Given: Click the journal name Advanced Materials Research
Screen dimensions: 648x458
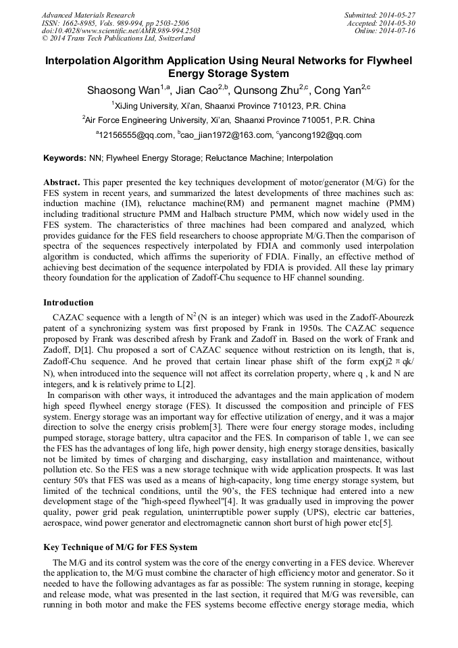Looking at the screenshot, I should pyautogui.click(x=88, y=15).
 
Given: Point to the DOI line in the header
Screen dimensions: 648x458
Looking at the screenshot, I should pyautogui.click(x=121, y=31).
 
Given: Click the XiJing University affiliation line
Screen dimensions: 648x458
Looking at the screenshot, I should pyautogui.click(x=229, y=106).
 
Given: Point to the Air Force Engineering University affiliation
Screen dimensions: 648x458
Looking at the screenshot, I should pyautogui.click(x=229, y=120).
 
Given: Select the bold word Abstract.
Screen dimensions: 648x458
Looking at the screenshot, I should pyautogui.click(x=61, y=182).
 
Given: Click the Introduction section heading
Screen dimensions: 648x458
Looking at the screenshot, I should pyautogui.click(x=68, y=302).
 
